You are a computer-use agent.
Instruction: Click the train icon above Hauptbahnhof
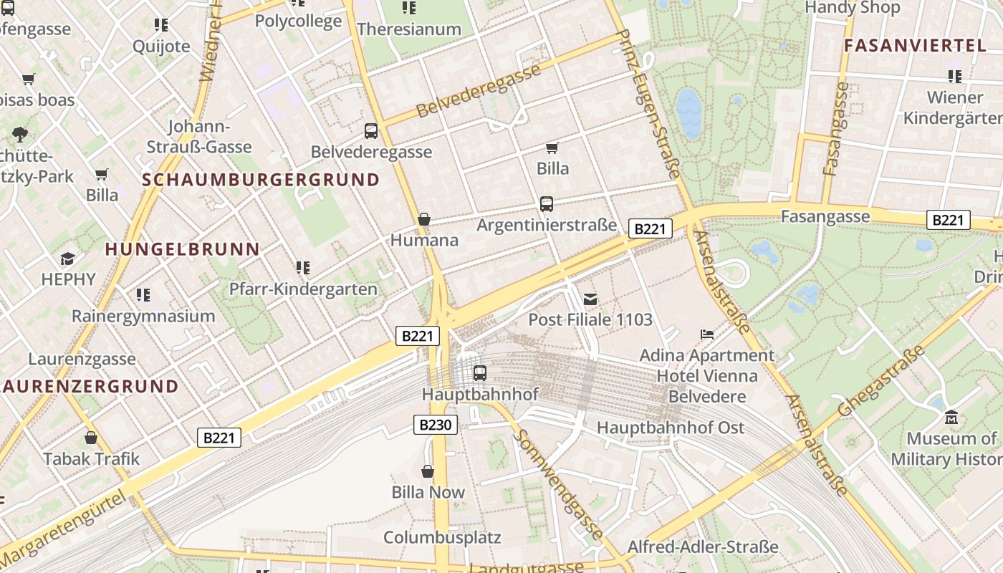pyautogui.click(x=480, y=373)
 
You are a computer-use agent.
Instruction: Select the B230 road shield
pyautogui.click(x=436, y=425)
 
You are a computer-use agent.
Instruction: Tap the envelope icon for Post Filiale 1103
pyautogui.click(x=590, y=299)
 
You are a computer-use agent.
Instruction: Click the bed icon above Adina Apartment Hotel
pyautogui.click(x=707, y=334)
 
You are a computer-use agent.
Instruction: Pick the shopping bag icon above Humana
pyautogui.click(x=424, y=219)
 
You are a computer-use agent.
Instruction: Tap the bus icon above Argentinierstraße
pyautogui.click(x=547, y=204)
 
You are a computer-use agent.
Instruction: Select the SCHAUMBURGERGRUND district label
pyautogui.click(x=261, y=180)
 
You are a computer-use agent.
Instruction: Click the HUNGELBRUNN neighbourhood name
pyautogui.click(x=182, y=249)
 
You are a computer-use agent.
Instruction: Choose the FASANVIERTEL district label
pyautogui.click(x=915, y=45)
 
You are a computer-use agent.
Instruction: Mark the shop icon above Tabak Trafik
pyautogui.click(x=91, y=438)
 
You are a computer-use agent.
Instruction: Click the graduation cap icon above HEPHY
pyautogui.click(x=68, y=259)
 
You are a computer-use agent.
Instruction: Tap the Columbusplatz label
pyautogui.click(x=442, y=537)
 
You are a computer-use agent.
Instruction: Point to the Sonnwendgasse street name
pyautogui.click(x=560, y=485)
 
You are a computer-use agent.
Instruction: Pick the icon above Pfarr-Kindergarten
pyautogui.click(x=303, y=268)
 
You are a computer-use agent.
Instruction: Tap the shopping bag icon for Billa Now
pyautogui.click(x=428, y=471)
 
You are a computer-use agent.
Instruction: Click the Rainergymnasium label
pyautogui.click(x=143, y=316)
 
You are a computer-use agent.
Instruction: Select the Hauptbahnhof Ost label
pyautogui.click(x=671, y=428)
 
